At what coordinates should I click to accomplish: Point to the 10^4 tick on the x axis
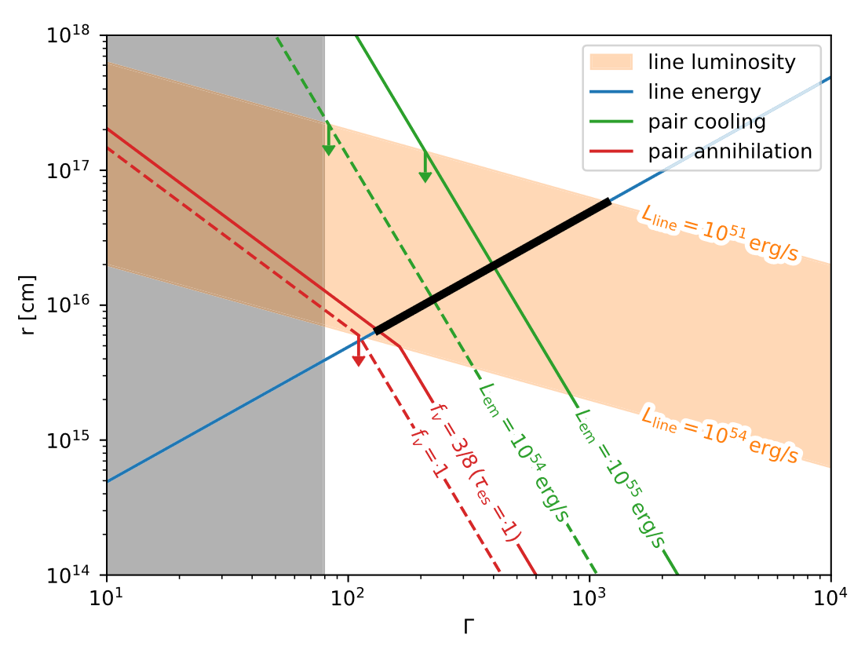click(830, 598)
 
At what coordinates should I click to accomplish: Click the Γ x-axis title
click(469, 626)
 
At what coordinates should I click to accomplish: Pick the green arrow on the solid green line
click(425, 175)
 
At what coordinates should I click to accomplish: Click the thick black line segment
click(493, 267)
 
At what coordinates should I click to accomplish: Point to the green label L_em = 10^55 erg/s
click(620, 478)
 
